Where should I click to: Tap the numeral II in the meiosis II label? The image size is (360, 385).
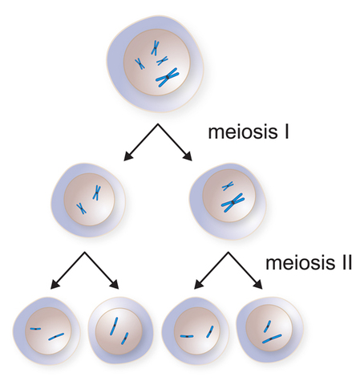point(342,262)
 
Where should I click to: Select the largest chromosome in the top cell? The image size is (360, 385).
point(168,76)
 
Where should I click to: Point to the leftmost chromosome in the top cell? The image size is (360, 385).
point(140,64)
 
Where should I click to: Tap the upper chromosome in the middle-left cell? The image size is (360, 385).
point(96,192)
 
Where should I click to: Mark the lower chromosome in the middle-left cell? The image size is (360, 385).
point(82,208)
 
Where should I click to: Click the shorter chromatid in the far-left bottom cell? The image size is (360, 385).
point(37,328)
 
